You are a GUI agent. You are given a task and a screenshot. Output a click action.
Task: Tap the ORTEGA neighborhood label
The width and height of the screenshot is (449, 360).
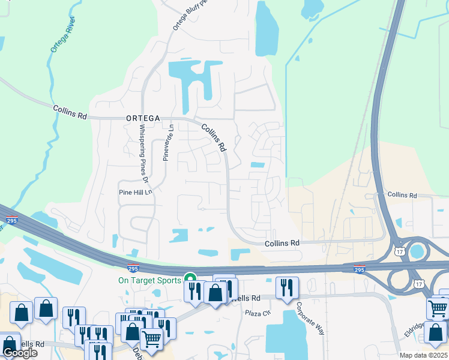[143, 119]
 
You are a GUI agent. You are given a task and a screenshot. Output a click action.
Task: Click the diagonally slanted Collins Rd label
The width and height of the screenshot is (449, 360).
[213, 137]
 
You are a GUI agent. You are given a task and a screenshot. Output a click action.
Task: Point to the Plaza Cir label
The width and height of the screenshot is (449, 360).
[258, 313]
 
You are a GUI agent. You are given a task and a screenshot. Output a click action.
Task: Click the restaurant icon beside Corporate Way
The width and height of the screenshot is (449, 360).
[287, 288]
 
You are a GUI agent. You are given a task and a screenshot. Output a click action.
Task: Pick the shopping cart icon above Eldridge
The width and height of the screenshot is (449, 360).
[438, 308]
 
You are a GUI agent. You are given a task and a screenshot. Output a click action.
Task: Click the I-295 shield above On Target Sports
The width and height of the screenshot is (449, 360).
[133, 268]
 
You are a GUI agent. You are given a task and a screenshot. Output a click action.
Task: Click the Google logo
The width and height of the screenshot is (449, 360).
[20, 352]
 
